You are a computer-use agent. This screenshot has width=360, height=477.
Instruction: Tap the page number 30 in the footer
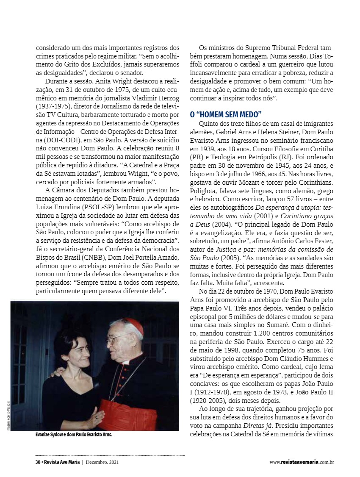38,462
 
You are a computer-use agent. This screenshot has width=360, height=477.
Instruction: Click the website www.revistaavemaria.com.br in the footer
302,462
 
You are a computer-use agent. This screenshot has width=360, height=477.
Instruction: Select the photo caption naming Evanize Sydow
74,435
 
